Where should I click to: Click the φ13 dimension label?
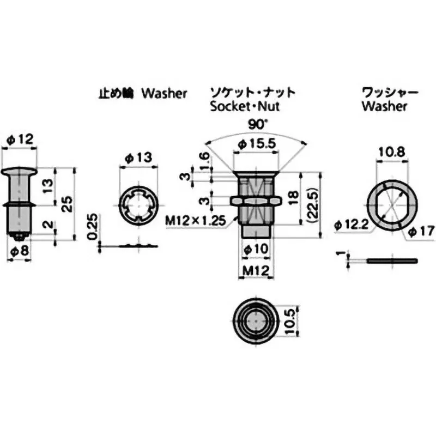138,158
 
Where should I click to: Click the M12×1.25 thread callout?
195,220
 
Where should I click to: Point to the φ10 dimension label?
255,249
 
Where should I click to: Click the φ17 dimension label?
421,232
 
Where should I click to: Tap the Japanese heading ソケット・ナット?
254,92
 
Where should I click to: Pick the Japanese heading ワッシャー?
390,92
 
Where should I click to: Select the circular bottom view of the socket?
255,321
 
